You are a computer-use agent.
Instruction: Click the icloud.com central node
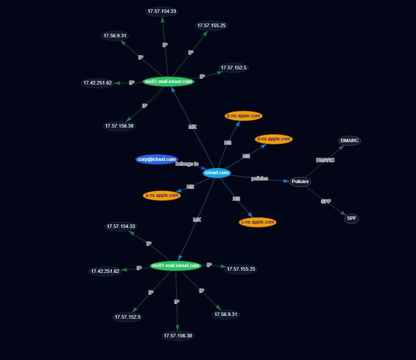[217, 173]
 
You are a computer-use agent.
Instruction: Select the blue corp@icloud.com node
[157, 159]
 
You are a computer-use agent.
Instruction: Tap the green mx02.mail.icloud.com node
[169, 81]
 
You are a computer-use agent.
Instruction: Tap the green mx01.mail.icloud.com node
[176, 265]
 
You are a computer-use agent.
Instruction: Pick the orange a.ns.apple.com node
[162, 196]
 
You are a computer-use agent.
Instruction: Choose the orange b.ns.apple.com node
[243, 116]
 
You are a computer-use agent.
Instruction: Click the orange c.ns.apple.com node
[258, 222]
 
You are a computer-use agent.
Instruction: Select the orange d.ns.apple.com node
[274, 139]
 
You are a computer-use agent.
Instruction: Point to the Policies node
[300, 182]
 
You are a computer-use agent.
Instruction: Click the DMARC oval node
[349, 140]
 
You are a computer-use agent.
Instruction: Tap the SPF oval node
[351, 218]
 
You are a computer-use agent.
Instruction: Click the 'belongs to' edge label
[187, 164]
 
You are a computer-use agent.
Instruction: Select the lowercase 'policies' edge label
[259, 178]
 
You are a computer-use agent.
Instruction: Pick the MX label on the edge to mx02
[193, 127]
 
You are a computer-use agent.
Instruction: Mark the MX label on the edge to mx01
[197, 220]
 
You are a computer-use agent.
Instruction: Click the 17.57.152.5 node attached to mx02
[234, 68]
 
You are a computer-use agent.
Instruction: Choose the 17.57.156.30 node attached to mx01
[178, 336]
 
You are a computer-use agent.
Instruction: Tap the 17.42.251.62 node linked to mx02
[97, 83]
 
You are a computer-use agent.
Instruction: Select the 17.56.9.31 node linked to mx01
[226, 314]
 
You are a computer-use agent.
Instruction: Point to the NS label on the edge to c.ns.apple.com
[236, 199]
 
